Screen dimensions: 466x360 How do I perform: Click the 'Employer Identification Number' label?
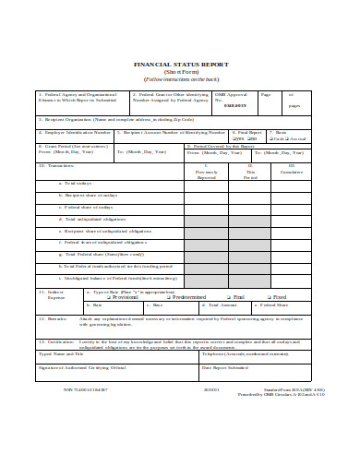[73, 132]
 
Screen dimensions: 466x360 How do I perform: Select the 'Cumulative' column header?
[292, 173]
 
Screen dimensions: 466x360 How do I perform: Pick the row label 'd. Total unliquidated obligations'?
[96, 220]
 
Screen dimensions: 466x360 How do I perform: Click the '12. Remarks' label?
[54, 317]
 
